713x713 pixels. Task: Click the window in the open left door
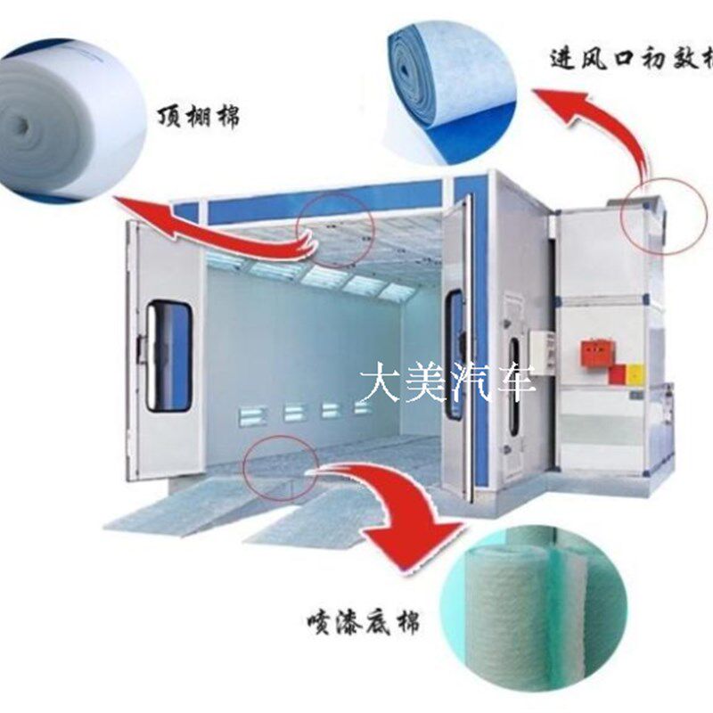coord(168,356)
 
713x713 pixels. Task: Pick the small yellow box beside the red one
coord(634,373)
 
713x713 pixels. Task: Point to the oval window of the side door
coord(514,384)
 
